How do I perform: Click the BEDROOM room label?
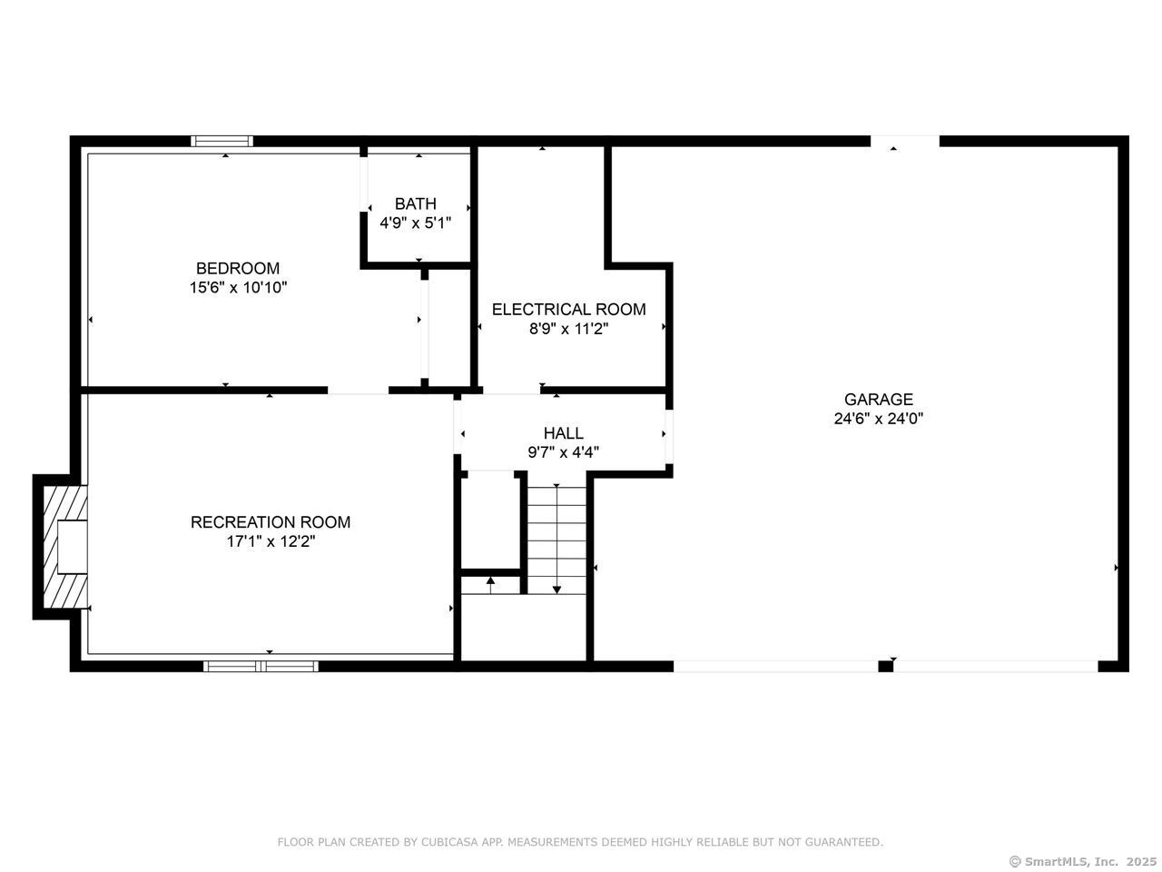[238, 268]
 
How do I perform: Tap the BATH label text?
[416, 203]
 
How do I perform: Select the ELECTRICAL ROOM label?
[569, 309]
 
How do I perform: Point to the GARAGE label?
[878, 399]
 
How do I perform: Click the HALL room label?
[563, 433]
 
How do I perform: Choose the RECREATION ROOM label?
[271, 522]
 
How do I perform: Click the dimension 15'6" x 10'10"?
[238, 288]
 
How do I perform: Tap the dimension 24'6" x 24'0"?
[878, 419]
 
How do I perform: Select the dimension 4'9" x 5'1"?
[416, 223]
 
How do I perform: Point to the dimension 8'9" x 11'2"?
[569, 329]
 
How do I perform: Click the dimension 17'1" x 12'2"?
[271, 541]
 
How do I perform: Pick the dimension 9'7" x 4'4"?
[563, 452]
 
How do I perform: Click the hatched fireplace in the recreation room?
[64, 547]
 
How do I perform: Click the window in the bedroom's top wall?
[222, 141]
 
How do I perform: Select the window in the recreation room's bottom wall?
[261, 666]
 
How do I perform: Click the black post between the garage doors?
[886, 666]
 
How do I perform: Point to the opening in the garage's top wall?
[905, 141]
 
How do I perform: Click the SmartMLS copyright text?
[1083, 861]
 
